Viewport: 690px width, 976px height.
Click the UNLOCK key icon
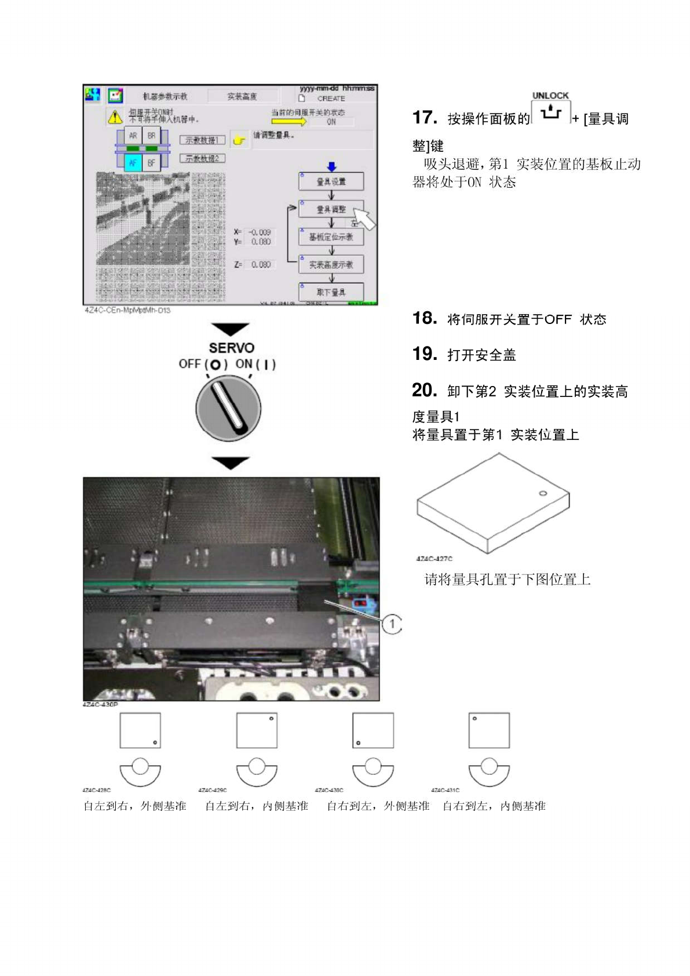[x=550, y=111]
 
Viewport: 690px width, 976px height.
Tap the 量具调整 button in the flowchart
[x=331, y=209]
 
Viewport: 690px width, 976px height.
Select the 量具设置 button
[x=331, y=181]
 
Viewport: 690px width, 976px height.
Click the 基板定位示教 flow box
[x=331, y=236]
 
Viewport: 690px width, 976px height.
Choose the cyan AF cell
[x=133, y=163]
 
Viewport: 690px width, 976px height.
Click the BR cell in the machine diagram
[x=151, y=136]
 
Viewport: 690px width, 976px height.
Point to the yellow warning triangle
[x=115, y=117]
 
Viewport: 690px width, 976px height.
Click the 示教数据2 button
[x=202, y=158]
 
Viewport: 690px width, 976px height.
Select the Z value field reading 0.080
[x=261, y=264]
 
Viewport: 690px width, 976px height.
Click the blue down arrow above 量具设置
[x=331, y=167]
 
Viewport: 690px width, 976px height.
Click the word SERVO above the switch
[x=231, y=348]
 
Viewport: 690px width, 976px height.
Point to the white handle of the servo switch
[x=228, y=406]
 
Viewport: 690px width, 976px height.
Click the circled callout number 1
[x=392, y=624]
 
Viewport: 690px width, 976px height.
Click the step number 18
[x=424, y=318]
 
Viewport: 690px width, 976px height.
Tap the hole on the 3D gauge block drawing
[x=543, y=493]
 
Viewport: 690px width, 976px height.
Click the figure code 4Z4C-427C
[x=434, y=559]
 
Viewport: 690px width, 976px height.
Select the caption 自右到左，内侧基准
[x=494, y=806]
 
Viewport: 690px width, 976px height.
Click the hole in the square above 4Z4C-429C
[x=271, y=719]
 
